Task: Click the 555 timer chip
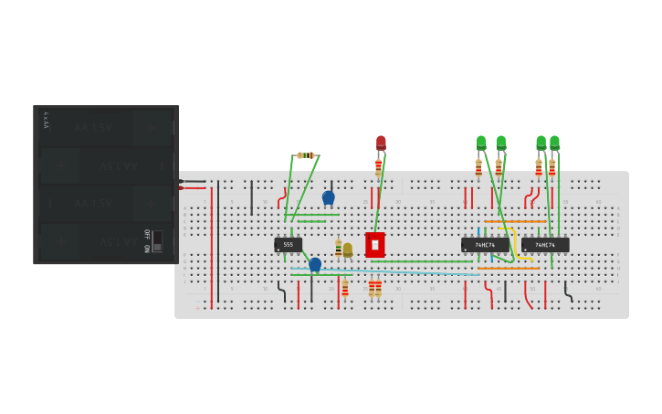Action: click(288, 245)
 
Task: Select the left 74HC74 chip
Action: click(485, 245)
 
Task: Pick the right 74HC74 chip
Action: click(545, 245)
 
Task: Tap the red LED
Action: click(381, 143)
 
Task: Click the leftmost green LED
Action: click(481, 143)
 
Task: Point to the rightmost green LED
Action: click(554, 143)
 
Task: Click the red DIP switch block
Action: click(374, 245)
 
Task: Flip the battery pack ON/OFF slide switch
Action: click(157, 240)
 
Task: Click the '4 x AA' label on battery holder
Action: click(46, 120)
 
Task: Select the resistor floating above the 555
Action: click(306, 155)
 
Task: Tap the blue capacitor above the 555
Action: click(329, 196)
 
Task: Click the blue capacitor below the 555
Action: click(315, 264)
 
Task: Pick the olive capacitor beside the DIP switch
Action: click(348, 249)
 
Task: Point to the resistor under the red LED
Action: click(378, 166)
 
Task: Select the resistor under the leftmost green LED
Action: click(478, 168)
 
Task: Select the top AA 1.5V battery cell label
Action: click(93, 128)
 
